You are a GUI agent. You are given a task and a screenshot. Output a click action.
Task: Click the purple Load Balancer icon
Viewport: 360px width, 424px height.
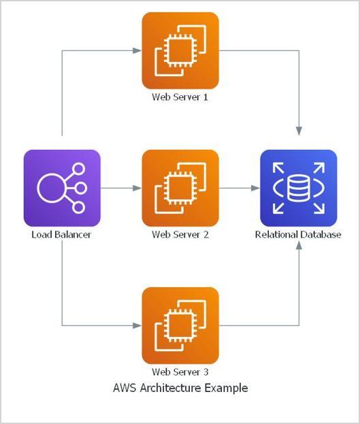(x=62, y=188)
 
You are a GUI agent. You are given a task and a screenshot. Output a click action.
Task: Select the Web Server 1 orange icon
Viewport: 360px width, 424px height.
(x=180, y=51)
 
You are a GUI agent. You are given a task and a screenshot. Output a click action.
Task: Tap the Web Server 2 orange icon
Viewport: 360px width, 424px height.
(x=180, y=188)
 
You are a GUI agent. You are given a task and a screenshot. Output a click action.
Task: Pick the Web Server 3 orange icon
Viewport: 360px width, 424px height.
(x=180, y=325)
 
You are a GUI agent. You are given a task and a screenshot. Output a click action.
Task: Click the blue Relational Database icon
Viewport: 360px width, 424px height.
(x=298, y=188)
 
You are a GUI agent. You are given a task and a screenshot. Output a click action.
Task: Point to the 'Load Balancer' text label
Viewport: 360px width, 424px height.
(x=61, y=235)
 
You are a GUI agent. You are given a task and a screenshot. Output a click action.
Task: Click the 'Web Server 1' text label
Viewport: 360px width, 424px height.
(x=180, y=97)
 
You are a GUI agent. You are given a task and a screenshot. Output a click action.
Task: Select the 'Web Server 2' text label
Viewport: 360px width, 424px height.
(x=180, y=235)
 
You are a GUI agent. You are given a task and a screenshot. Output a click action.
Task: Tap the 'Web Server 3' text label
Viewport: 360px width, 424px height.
(x=180, y=372)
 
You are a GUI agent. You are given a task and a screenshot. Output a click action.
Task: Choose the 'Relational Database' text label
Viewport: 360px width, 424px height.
(x=298, y=235)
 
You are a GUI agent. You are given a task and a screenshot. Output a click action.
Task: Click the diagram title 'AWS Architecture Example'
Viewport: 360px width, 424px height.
(x=180, y=389)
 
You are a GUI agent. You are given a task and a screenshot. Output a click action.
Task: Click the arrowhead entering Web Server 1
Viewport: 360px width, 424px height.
(x=138, y=50)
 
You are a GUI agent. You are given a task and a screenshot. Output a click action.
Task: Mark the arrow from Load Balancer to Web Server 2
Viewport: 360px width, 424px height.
(x=121, y=188)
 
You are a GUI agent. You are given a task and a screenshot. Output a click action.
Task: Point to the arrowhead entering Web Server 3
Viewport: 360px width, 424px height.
(x=138, y=325)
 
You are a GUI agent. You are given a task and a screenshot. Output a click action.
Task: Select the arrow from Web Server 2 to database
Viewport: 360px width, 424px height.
(x=239, y=188)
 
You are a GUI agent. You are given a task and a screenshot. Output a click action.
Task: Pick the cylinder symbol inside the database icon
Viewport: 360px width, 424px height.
(x=298, y=188)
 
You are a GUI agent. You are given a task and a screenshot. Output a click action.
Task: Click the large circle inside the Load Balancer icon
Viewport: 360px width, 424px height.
(x=52, y=188)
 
